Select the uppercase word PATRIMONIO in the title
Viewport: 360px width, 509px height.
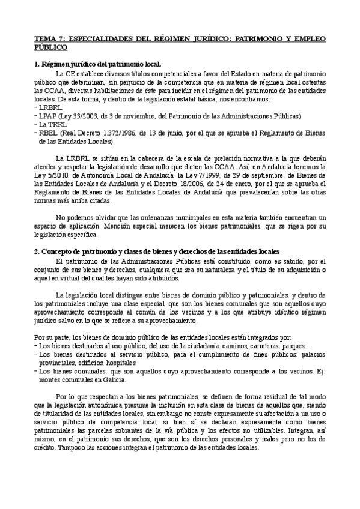(257, 38)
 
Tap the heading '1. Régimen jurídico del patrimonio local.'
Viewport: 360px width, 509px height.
(97, 63)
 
